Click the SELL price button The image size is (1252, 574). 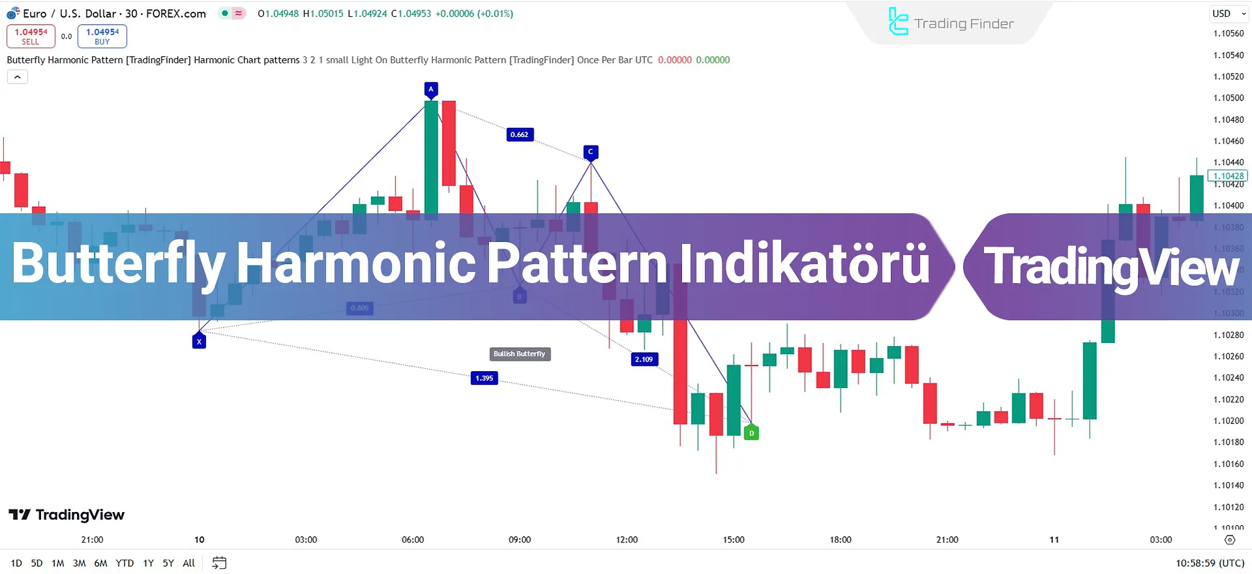(31, 37)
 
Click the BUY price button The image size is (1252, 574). (102, 37)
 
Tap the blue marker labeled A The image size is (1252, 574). (430, 89)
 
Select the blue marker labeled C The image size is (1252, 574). (591, 152)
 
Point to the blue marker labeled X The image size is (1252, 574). (200, 341)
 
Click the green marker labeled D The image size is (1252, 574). (751, 432)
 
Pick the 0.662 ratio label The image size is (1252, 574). (520, 134)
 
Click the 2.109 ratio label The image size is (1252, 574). (644, 359)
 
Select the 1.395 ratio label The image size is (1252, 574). (484, 378)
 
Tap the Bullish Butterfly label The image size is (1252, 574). (520, 354)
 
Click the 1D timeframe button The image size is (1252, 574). (16, 563)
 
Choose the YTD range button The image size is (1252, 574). (125, 563)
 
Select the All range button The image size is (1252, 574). (189, 563)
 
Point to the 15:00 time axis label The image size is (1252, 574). (734, 539)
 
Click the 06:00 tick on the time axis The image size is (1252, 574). (413, 539)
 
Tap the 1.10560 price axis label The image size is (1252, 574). (1229, 33)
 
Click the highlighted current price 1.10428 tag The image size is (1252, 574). (1229, 176)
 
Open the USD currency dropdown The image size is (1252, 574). (1229, 14)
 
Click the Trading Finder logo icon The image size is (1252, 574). (899, 22)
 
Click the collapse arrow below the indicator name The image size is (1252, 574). (18, 77)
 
